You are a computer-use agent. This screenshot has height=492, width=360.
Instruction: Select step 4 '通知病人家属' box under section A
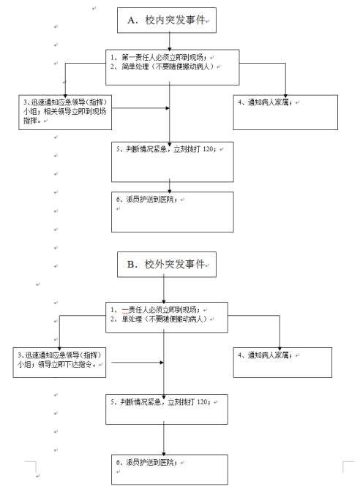pyautogui.click(x=286, y=113)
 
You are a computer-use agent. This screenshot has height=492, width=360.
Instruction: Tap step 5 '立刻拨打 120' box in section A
pyautogui.click(x=171, y=161)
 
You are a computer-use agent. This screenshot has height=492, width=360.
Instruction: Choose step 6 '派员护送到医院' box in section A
pyautogui.click(x=171, y=211)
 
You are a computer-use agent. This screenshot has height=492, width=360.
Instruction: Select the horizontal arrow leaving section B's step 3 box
pyautogui.click(x=135, y=361)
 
